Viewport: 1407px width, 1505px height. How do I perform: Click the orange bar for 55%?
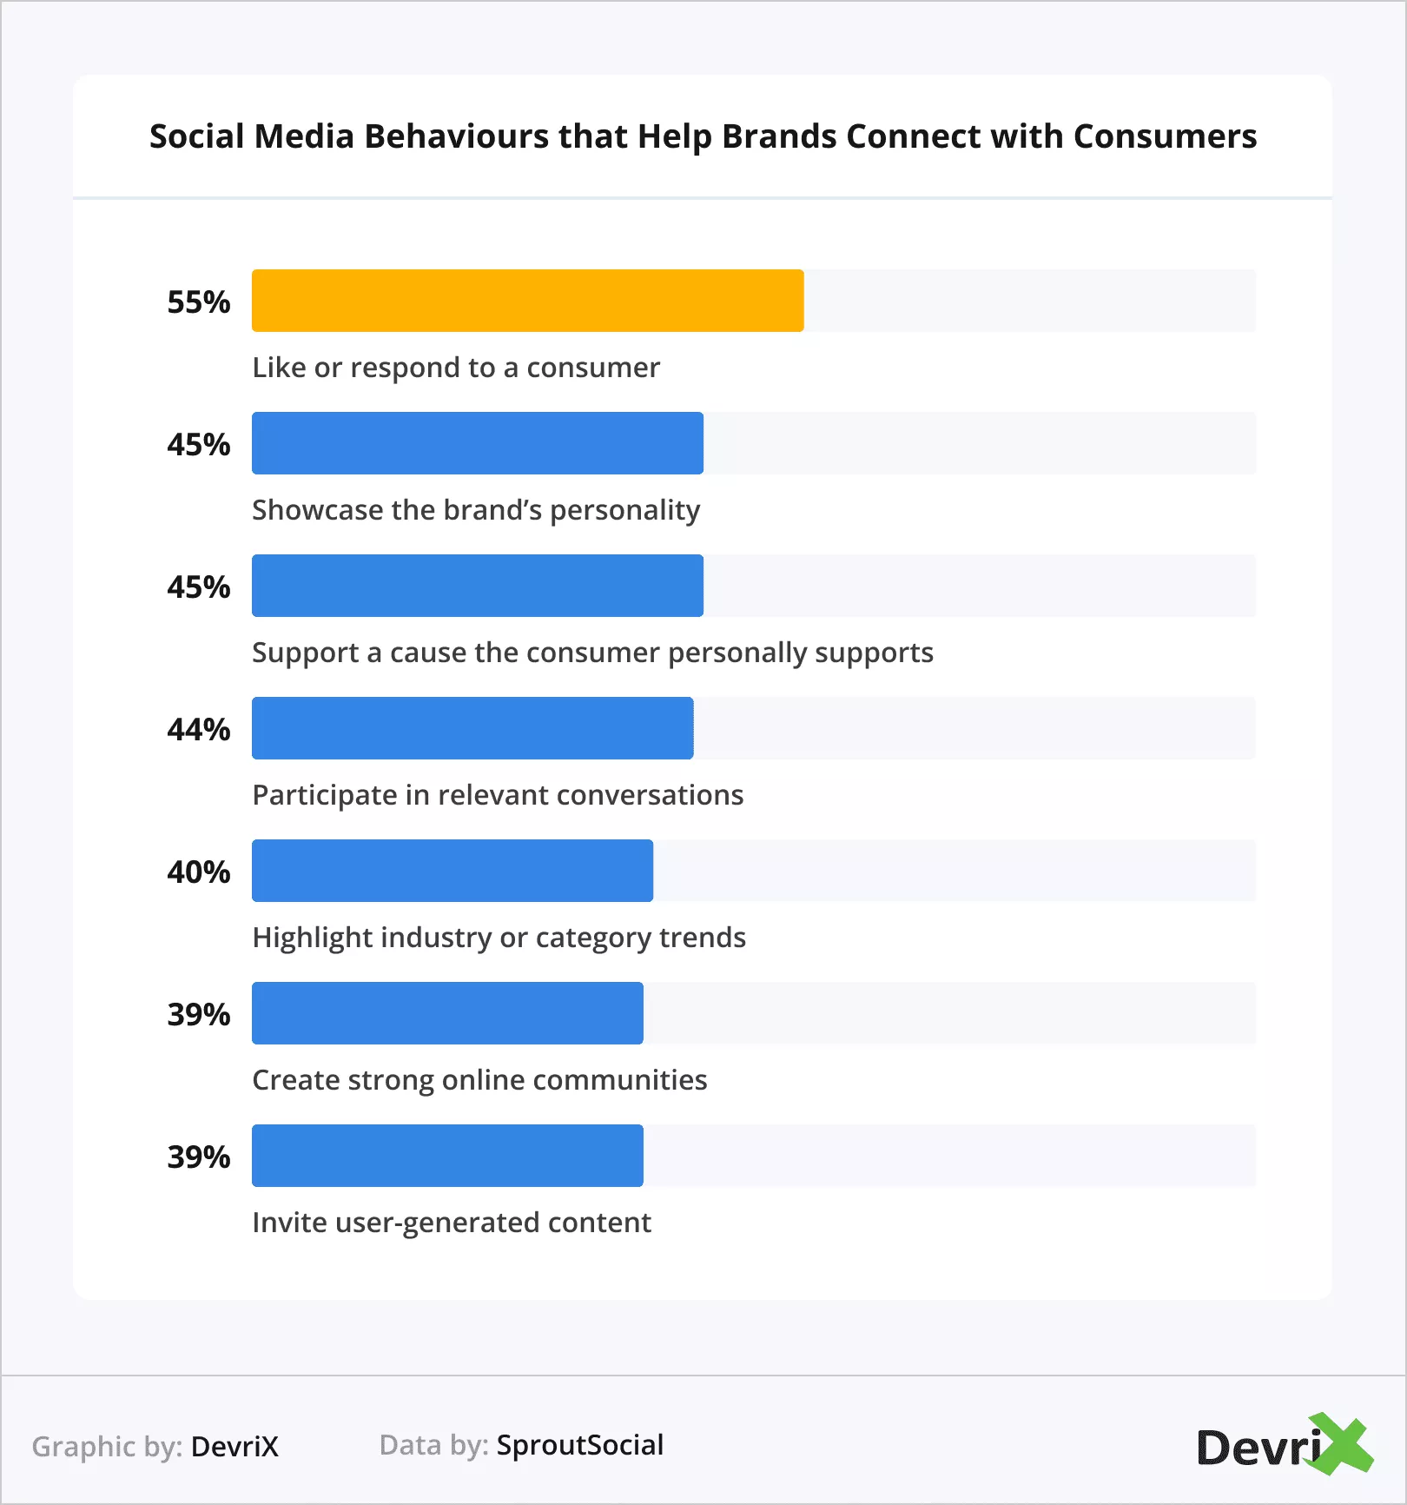tap(527, 301)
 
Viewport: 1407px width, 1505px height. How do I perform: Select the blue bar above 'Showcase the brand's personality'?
tap(477, 443)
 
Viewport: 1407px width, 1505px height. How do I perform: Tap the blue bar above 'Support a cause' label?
tap(477, 586)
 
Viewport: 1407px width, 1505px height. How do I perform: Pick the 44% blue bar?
tap(472, 728)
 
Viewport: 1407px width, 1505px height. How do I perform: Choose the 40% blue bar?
tap(452, 871)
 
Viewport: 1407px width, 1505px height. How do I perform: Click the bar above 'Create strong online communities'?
tap(447, 1013)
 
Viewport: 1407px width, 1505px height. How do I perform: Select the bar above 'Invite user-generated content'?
tap(447, 1156)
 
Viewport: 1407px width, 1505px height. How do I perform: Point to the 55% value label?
tap(199, 302)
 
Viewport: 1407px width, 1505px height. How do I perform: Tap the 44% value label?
tap(199, 730)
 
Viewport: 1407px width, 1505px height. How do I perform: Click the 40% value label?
tap(199, 872)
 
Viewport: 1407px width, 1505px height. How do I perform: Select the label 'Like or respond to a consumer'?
tap(456, 368)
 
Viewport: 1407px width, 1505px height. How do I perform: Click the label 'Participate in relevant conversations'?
tap(498, 795)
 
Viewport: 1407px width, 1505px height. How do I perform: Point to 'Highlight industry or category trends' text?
tap(499, 938)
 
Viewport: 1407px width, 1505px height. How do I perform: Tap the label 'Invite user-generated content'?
tap(452, 1223)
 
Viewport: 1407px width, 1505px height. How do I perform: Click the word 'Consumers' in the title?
tap(1165, 136)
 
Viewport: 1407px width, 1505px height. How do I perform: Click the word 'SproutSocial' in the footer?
tap(580, 1445)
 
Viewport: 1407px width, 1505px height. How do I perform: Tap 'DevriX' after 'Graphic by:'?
tap(234, 1447)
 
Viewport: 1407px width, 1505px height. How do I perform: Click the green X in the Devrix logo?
tap(1342, 1445)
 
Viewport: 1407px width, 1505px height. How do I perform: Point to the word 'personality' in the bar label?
tap(625, 510)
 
